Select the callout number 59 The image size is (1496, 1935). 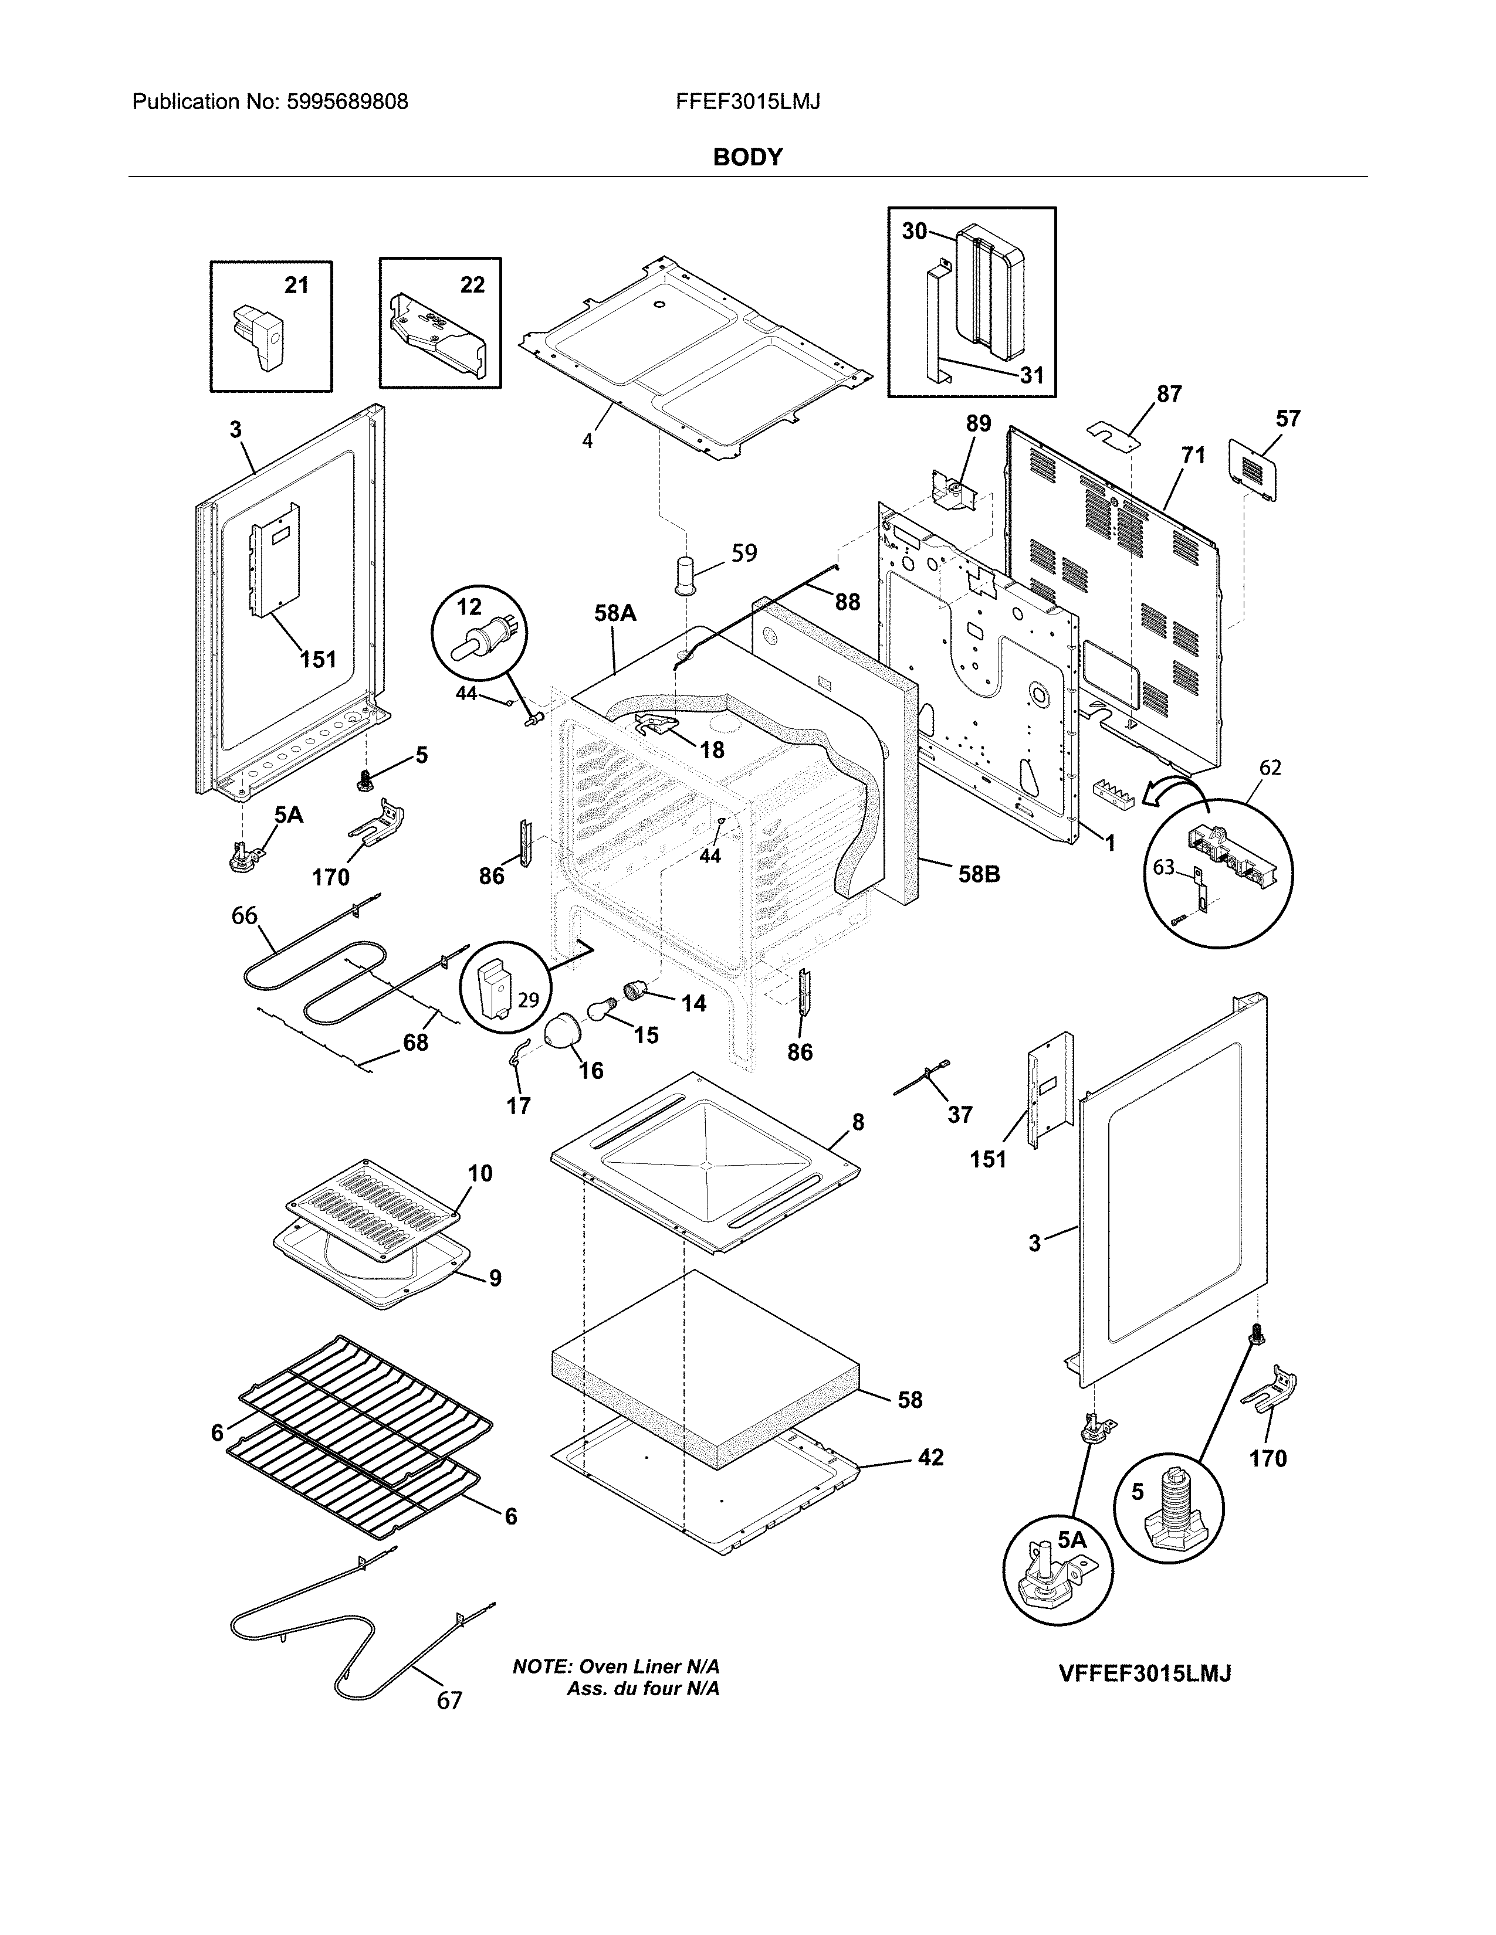(743, 553)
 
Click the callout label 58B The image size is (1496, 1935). (979, 874)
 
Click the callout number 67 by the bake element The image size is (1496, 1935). (449, 1700)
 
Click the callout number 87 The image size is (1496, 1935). (1169, 393)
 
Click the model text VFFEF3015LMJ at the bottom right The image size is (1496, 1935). (1145, 1673)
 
